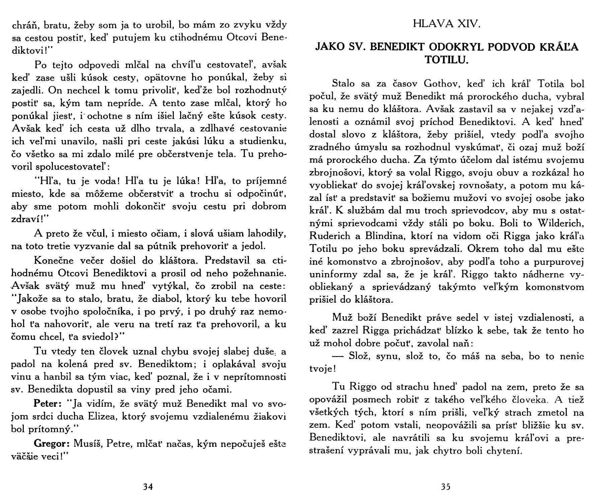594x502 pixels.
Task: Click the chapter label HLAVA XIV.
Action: coord(447,24)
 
